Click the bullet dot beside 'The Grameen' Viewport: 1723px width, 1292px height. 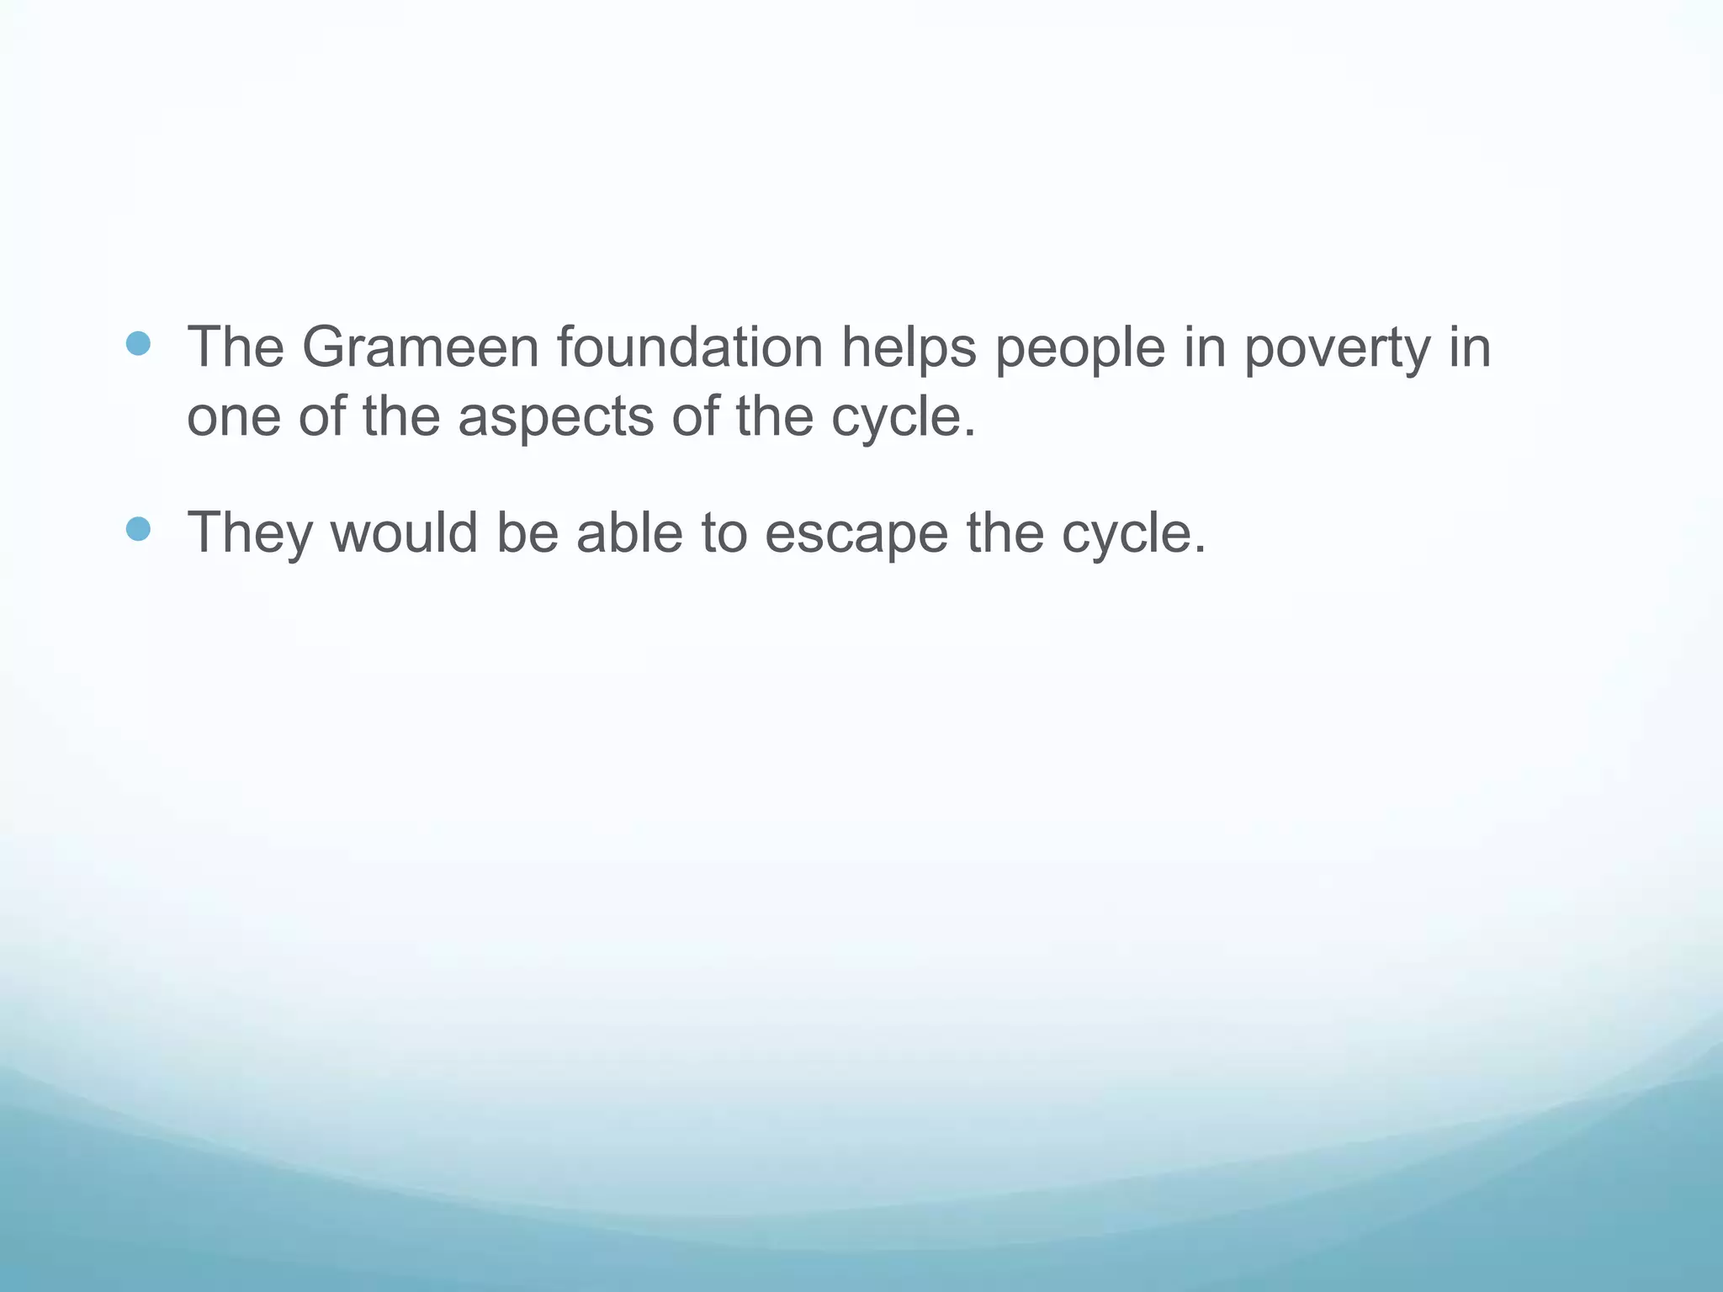click(x=138, y=343)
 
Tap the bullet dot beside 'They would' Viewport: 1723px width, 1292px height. click(x=138, y=529)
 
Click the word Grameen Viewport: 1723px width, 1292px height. click(x=420, y=347)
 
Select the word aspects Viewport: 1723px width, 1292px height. click(x=555, y=418)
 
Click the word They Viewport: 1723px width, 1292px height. click(x=249, y=533)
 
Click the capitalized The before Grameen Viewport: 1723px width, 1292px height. click(x=236, y=347)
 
